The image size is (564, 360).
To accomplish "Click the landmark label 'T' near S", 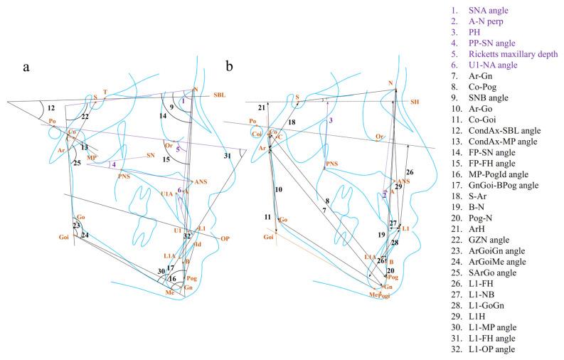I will click(x=105, y=92).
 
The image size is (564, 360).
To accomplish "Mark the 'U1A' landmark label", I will click(x=167, y=194).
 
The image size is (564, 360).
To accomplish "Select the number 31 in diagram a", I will click(x=227, y=156).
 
